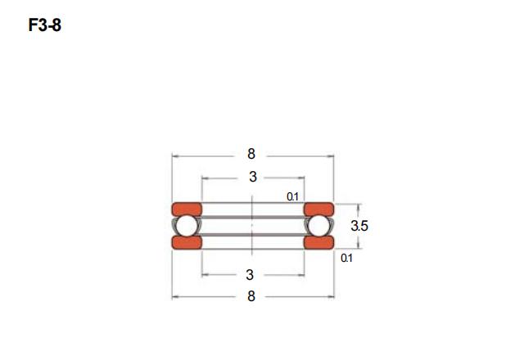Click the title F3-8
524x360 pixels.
point(45,25)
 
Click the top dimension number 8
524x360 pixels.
point(251,154)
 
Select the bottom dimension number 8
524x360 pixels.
point(251,296)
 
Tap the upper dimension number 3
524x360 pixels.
point(253,177)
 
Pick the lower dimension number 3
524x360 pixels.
point(250,275)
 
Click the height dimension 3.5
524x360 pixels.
point(359,226)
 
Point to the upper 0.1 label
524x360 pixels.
point(292,196)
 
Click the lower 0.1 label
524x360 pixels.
point(346,258)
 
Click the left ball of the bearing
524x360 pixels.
point(187,226)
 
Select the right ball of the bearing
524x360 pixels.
point(318,226)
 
